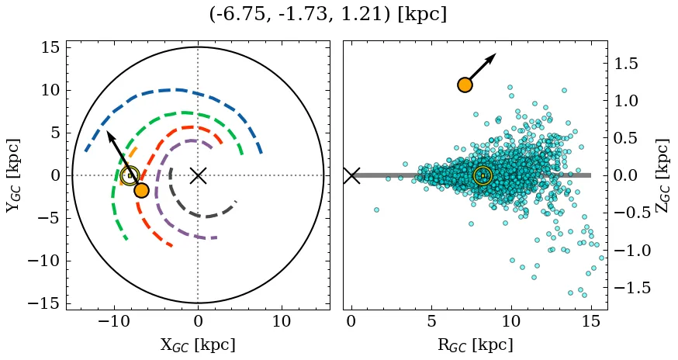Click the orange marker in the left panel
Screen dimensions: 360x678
click(x=141, y=190)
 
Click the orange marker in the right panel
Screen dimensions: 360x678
click(x=465, y=85)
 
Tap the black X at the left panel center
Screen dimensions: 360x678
click(x=198, y=175)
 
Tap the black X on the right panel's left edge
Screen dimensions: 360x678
click(x=351, y=175)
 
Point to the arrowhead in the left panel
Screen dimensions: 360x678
click(x=109, y=135)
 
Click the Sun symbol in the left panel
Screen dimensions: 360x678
click(x=130, y=175)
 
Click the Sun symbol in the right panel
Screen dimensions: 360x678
click(x=483, y=175)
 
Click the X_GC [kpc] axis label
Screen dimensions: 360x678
click(x=198, y=345)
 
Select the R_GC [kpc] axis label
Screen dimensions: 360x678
click(x=476, y=345)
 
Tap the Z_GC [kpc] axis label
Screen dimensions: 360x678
click(x=662, y=175)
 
